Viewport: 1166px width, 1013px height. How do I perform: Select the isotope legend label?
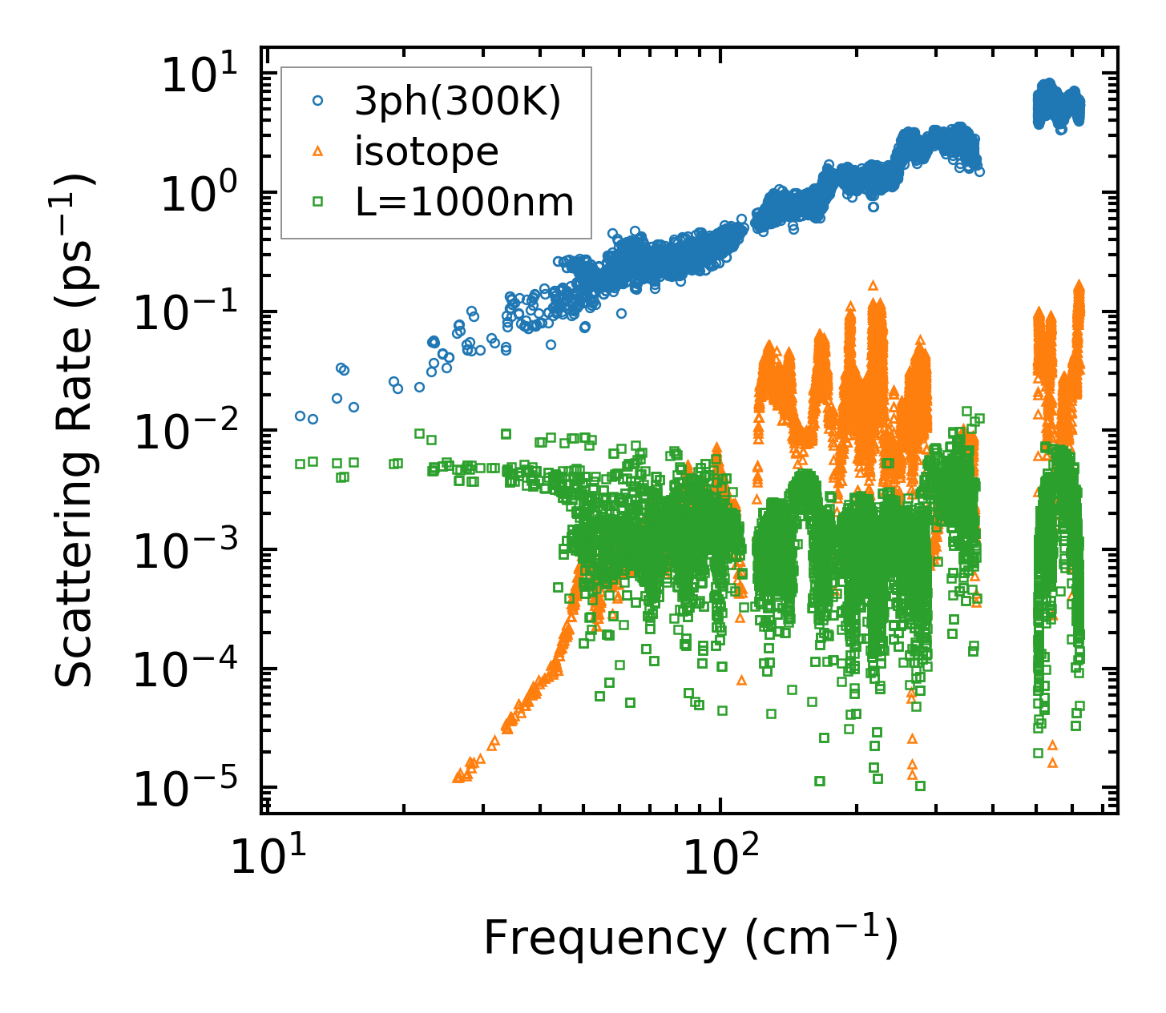pyautogui.click(x=426, y=151)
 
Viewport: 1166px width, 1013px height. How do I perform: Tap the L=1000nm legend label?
pyautogui.click(x=465, y=203)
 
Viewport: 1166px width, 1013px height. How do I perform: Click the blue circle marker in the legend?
pyautogui.click(x=318, y=101)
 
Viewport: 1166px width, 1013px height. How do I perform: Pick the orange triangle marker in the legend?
pyautogui.click(x=318, y=151)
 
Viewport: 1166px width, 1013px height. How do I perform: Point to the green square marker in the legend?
pyautogui.click(x=318, y=203)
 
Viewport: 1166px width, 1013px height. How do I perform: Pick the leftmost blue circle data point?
pyautogui.click(x=300, y=416)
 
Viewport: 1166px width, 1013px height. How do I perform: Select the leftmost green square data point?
pyautogui.click(x=300, y=463)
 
